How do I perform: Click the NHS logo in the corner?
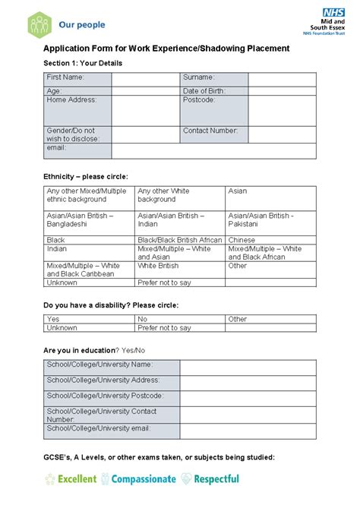[333, 13]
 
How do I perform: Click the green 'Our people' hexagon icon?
[39, 24]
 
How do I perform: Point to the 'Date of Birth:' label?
[204, 91]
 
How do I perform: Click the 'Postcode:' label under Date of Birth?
[199, 99]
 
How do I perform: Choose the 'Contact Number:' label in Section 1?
[210, 131]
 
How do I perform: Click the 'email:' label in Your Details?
[57, 147]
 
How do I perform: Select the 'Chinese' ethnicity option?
[242, 240]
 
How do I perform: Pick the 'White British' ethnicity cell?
[158, 267]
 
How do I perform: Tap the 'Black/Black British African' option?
[180, 240]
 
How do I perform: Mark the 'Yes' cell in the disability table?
[53, 320]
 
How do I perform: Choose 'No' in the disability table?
[143, 320]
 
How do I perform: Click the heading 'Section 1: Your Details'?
[83, 63]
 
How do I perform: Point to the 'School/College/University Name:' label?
[99, 364]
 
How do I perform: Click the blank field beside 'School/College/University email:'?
[248, 431]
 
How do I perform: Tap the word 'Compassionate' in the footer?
[144, 479]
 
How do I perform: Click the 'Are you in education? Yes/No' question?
[94, 350]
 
